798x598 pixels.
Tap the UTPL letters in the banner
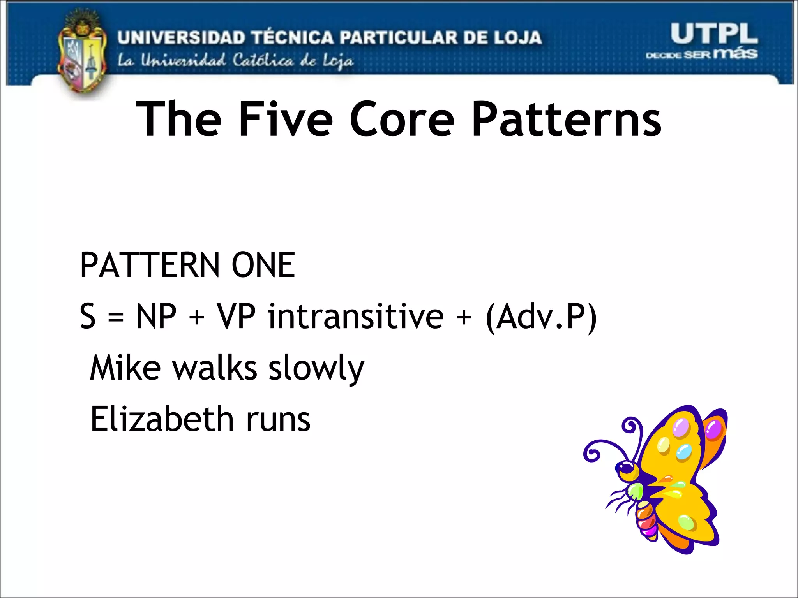(x=714, y=33)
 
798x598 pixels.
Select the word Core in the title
(x=401, y=119)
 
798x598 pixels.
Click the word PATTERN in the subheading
(x=150, y=265)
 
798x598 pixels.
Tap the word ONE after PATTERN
(x=263, y=265)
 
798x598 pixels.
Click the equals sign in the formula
(x=116, y=317)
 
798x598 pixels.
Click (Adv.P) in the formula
(x=541, y=317)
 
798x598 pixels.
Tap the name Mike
(x=125, y=368)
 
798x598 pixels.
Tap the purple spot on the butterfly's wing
(x=714, y=431)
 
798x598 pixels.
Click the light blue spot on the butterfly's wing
(x=684, y=452)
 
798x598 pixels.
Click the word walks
(x=215, y=368)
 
